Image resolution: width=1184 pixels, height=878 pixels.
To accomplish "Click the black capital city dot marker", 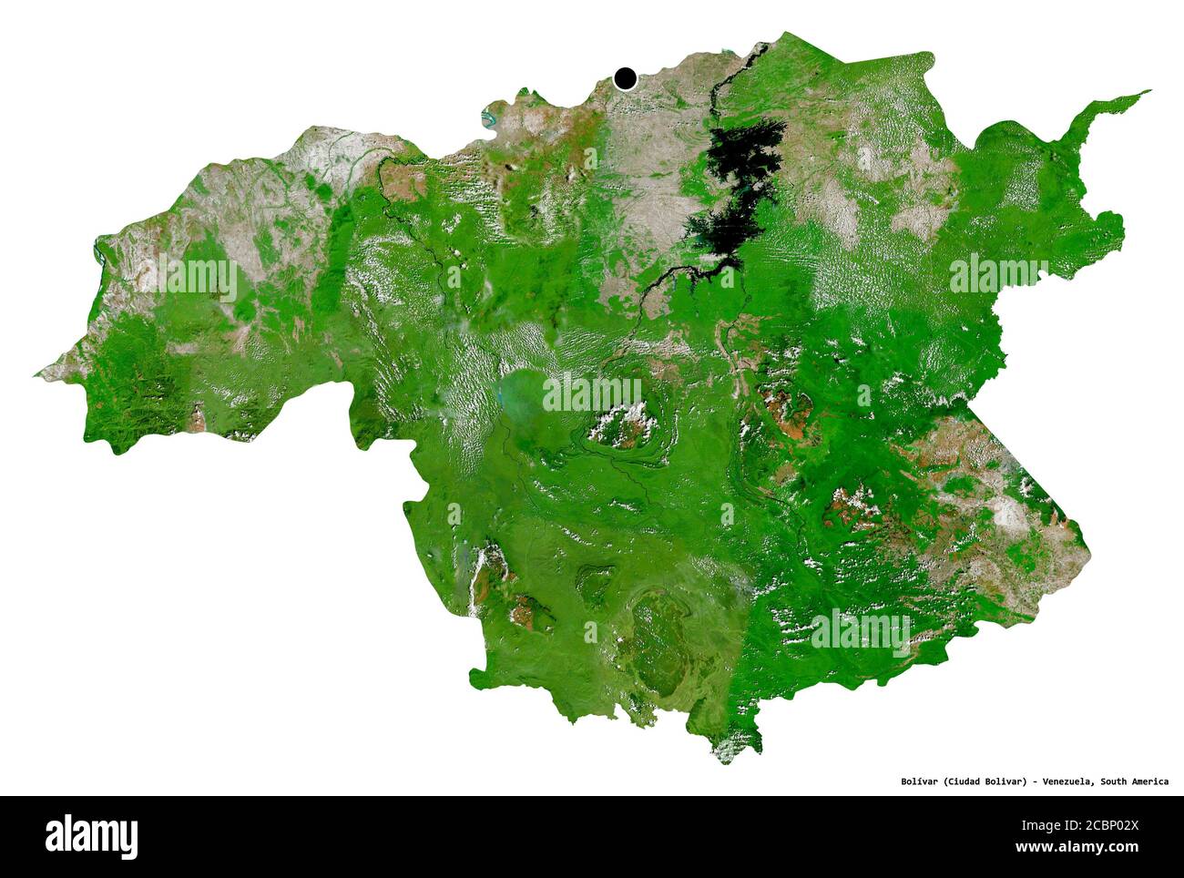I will (625, 79).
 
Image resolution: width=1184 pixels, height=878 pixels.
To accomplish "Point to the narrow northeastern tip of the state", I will (1146, 92).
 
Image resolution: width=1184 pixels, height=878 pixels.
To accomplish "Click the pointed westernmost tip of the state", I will (38, 373).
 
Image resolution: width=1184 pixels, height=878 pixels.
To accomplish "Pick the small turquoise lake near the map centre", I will (500, 396).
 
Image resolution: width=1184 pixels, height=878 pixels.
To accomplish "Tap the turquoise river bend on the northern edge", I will (490, 117).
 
